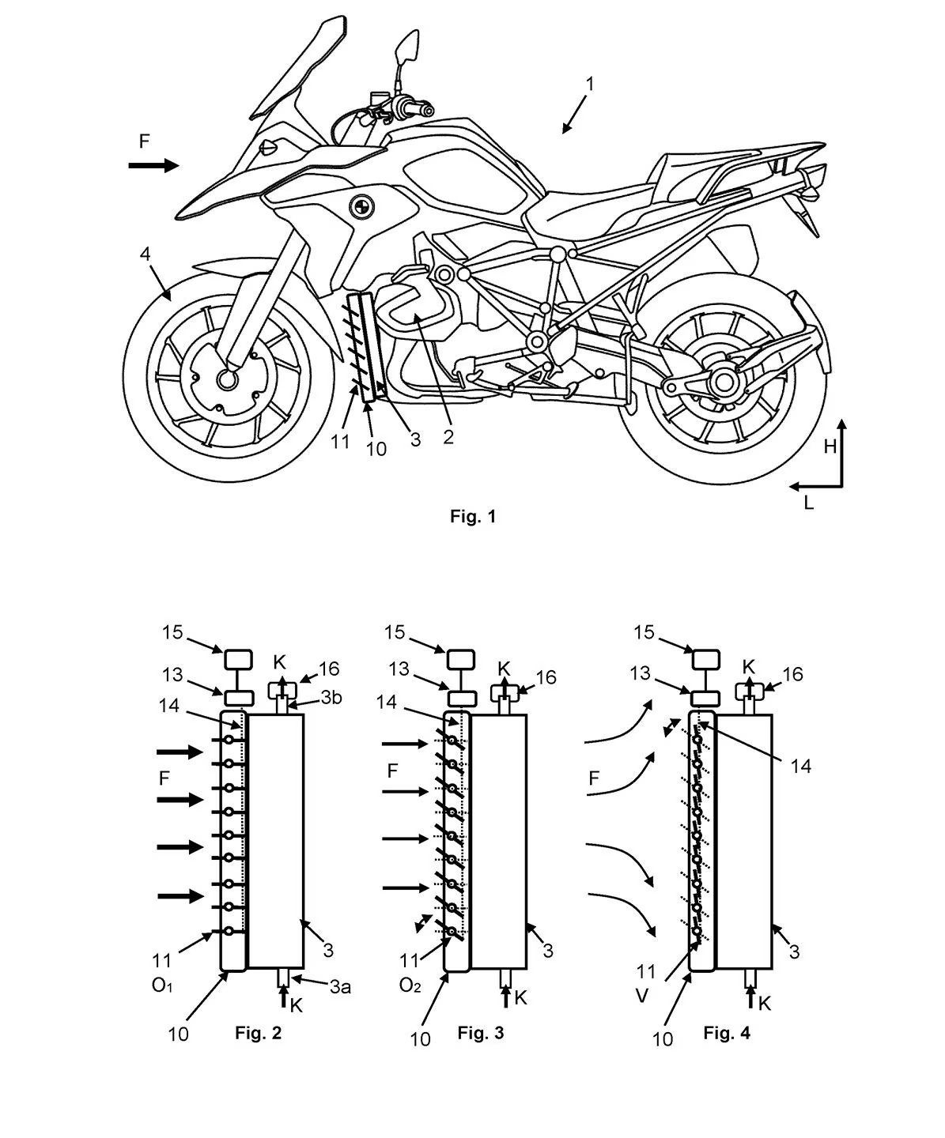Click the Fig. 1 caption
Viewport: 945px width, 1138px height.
coord(472,517)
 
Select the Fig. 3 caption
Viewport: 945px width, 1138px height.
coord(481,1033)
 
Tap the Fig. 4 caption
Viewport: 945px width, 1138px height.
coord(727,1033)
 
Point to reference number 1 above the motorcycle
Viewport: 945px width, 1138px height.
coord(590,84)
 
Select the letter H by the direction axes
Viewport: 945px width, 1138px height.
coord(830,447)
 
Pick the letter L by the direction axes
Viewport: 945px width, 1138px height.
coord(808,503)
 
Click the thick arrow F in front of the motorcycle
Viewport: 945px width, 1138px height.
coord(154,164)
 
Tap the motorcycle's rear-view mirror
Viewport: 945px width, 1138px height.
coord(408,47)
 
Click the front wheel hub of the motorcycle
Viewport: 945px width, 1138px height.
coord(228,380)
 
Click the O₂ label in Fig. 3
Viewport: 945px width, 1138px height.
coord(410,985)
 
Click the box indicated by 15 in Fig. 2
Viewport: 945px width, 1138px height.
coord(239,658)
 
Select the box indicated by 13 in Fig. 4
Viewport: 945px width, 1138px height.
coord(705,698)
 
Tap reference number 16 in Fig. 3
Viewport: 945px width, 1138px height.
coord(545,677)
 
